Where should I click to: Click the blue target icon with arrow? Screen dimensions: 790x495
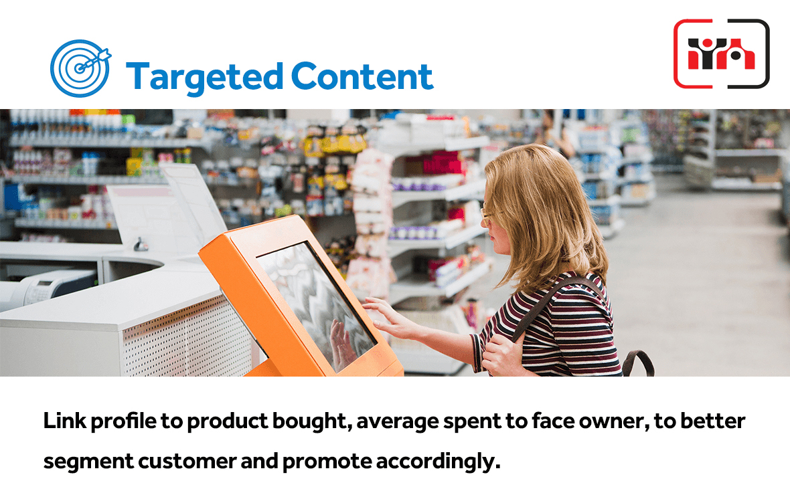pos(80,68)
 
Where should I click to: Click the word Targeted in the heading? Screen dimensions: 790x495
pos(205,77)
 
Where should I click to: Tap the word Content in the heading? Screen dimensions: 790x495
pos(362,76)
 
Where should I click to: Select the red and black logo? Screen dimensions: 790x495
pos(722,54)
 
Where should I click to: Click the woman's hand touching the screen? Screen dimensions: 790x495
pos(387,317)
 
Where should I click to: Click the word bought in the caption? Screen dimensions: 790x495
pos(312,421)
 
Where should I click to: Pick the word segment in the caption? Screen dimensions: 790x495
pos(88,462)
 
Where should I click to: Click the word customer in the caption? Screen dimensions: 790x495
pos(187,462)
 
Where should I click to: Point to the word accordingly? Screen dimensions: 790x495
pos(438,462)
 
